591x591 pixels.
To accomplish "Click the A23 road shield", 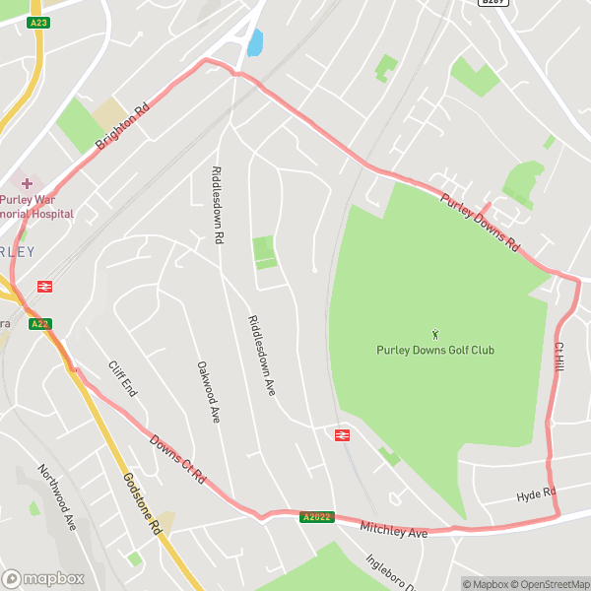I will [x=38, y=22].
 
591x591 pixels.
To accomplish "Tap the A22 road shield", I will [x=39, y=323].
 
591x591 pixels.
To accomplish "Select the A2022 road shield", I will [x=317, y=517].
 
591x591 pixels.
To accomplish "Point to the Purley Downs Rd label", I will [x=479, y=223].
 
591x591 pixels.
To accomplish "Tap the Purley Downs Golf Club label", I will [x=435, y=350].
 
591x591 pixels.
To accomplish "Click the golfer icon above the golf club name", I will [x=435, y=335].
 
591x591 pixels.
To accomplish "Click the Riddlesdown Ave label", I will [x=262, y=355].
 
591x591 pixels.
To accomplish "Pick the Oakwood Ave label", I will [x=208, y=391].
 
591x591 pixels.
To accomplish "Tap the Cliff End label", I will [x=122, y=377].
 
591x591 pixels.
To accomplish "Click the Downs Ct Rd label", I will [x=177, y=459].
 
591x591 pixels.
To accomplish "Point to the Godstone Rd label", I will [x=142, y=502].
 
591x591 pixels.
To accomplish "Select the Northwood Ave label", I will [x=56, y=497].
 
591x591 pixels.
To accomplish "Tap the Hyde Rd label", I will [x=536, y=494].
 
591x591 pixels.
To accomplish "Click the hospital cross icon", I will [x=27, y=182].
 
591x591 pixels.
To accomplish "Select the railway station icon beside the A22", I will [x=44, y=287].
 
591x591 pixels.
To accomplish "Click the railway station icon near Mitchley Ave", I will [x=344, y=434].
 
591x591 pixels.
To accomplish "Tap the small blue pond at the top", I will [x=256, y=42].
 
